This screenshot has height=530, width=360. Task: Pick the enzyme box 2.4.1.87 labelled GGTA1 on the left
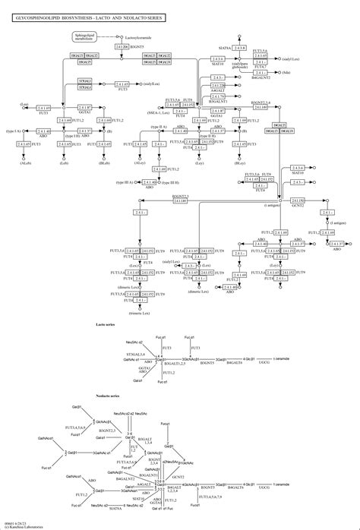[43, 109]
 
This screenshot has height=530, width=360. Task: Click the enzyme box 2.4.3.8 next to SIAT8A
[240, 48]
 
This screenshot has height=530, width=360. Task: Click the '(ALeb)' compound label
[26, 163]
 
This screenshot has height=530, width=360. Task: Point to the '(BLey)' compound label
[238, 163]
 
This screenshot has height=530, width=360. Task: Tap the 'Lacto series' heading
[106, 323]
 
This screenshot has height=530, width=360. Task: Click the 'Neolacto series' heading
[108, 396]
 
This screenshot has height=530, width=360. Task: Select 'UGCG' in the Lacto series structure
[264, 363]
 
